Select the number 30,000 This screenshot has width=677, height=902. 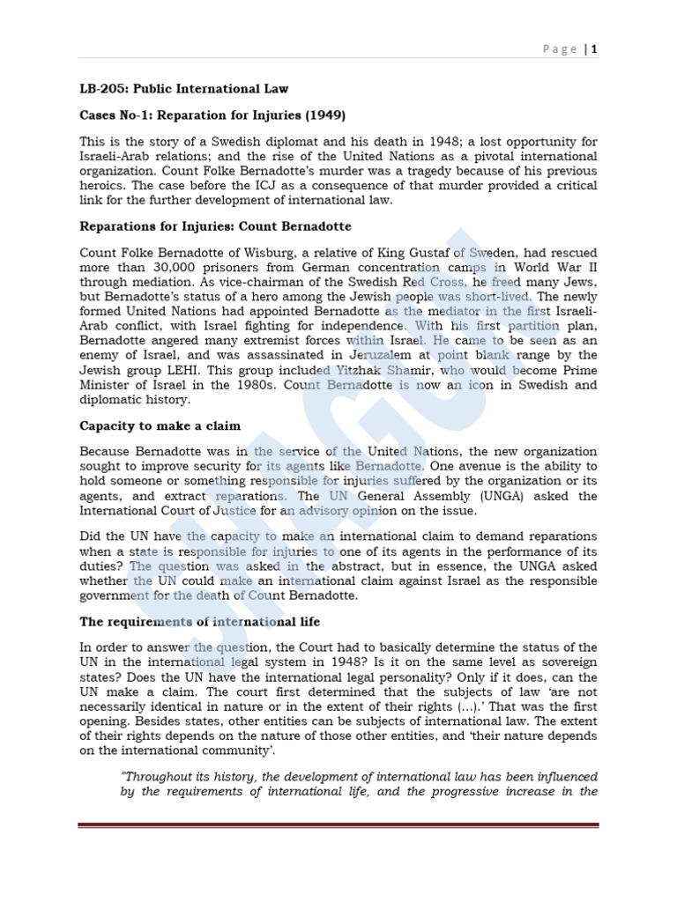pos(176,268)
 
